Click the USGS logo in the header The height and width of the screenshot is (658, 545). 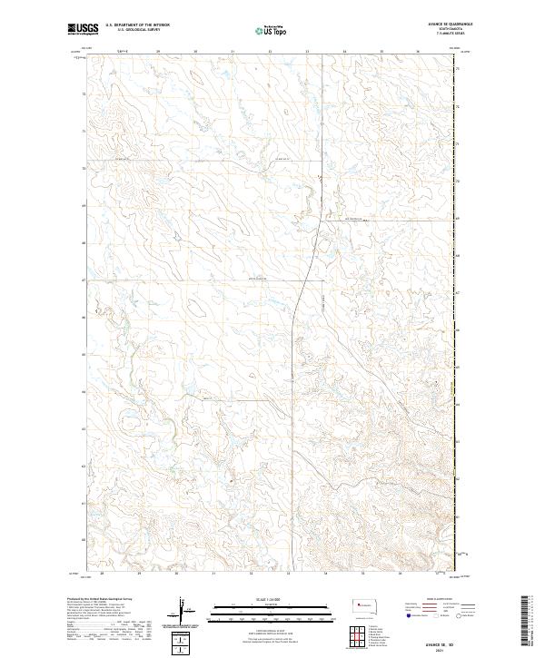(x=83, y=29)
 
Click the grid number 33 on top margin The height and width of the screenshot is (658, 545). (x=307, y=52)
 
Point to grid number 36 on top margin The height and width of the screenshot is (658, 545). (x=417, y=52)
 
